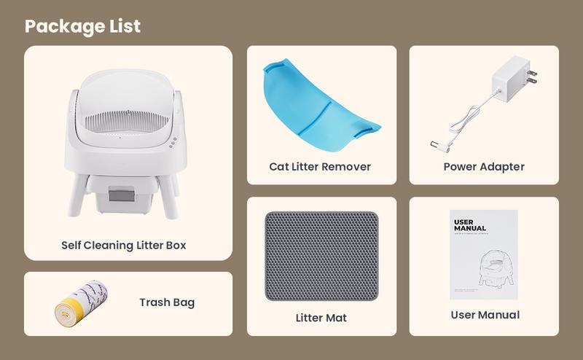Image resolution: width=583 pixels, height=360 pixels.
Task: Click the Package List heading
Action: [82, 26]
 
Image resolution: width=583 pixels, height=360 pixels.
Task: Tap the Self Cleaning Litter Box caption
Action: [124, 245]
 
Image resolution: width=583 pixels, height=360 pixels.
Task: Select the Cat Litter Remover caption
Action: [320, 166]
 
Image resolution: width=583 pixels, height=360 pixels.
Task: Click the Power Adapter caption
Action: [484, 166]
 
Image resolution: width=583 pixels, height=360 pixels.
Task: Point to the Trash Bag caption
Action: [167, 302]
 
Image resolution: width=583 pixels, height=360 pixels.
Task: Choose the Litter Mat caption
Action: [321, 318]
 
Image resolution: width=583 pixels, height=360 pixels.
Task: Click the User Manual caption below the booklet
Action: [484, 315]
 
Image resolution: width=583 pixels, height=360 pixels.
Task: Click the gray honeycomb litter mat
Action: [321, 256]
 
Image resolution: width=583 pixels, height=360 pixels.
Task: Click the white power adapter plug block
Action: [510, 77]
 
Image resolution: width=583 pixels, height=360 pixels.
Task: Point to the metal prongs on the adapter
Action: [532, 76]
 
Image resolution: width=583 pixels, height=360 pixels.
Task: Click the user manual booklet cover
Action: [484, 254]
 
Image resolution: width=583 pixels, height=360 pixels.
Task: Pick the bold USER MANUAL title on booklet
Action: [469, 225]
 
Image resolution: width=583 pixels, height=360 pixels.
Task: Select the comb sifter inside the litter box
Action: [126, 118]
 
